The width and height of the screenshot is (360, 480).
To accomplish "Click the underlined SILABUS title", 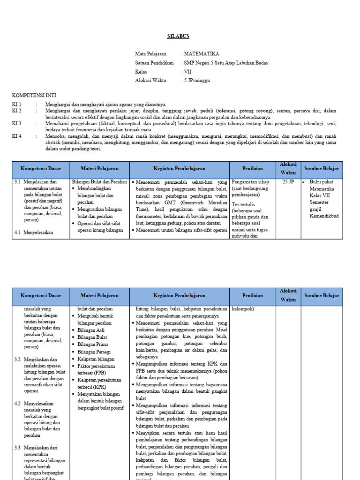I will (179, 37).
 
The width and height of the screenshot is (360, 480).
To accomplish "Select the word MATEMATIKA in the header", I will (203, 54).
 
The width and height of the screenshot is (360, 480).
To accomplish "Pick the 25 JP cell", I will (288, 181).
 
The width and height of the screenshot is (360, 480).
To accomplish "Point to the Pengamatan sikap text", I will (250, 181).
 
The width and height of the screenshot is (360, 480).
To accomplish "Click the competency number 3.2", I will (17, 359).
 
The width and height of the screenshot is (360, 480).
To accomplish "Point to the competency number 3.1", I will (17, 181).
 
